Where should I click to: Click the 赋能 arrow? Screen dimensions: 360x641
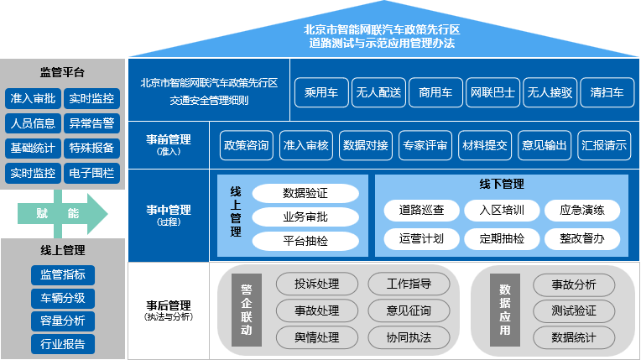click(61, 214)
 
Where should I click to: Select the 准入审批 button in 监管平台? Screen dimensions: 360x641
click(33, 99)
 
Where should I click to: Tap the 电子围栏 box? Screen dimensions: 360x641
click(92, 174)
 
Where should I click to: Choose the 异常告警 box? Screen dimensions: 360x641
click(92, 124)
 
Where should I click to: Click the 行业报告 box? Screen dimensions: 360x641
click(62, 343)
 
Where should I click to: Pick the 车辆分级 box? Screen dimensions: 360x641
click(62, 298)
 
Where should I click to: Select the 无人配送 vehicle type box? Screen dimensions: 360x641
click(378, 92)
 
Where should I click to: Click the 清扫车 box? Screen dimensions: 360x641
click(607, 92)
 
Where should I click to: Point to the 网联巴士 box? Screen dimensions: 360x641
click(492, 92)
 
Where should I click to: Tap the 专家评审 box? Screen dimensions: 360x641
click(424, 145)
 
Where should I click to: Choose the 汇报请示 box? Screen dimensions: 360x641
click(604, 145)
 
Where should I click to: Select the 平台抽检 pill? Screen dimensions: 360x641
click(305, 242)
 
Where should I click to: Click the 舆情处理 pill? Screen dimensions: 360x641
click(316, 338)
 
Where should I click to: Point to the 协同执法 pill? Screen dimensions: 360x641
click(409, 338)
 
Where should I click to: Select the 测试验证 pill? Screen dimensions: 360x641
click(574, 311)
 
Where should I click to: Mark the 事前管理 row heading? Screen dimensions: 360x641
click(168, 143)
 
